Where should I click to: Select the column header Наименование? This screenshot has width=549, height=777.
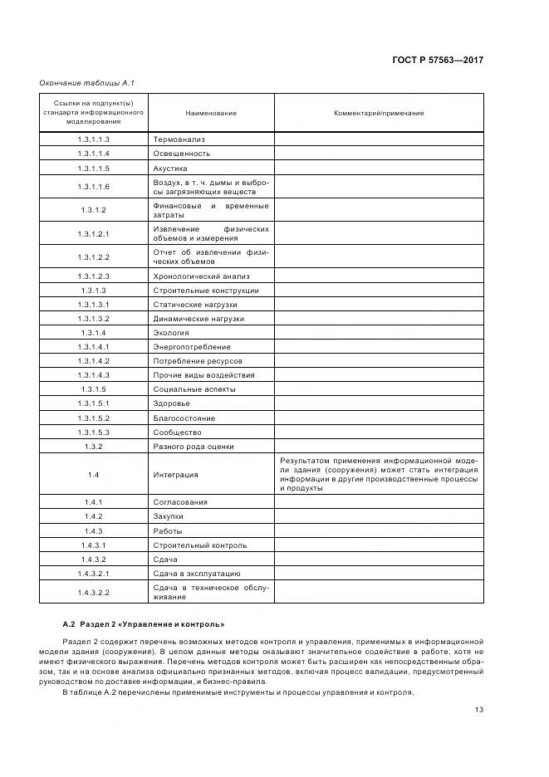click(211, 113)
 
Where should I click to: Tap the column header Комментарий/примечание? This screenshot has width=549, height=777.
click(378, 113)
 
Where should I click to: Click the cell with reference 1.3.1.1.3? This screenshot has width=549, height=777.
click(94, 139)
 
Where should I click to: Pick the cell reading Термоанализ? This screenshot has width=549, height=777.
click(179, 139)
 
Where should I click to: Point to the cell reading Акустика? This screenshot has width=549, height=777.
click(171, 168)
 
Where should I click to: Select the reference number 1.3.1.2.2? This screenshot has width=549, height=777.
click(94, 257)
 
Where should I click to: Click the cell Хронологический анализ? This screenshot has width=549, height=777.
click(201, 276)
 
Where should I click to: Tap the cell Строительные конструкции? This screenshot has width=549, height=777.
click(206, 291)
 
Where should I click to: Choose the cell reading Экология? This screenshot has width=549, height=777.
click(171, 333)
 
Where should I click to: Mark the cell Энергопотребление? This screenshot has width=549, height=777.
click(192, 347)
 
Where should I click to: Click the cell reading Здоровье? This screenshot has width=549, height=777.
click(172, 403)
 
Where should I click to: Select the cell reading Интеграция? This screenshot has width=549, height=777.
click(175, 475)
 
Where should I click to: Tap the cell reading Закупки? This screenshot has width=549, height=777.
click(169, 516)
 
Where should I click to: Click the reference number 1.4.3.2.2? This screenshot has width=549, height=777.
click(94, 592)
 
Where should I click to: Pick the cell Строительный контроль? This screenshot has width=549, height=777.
click(200, 545)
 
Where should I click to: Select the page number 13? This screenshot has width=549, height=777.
click(479, 709)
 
